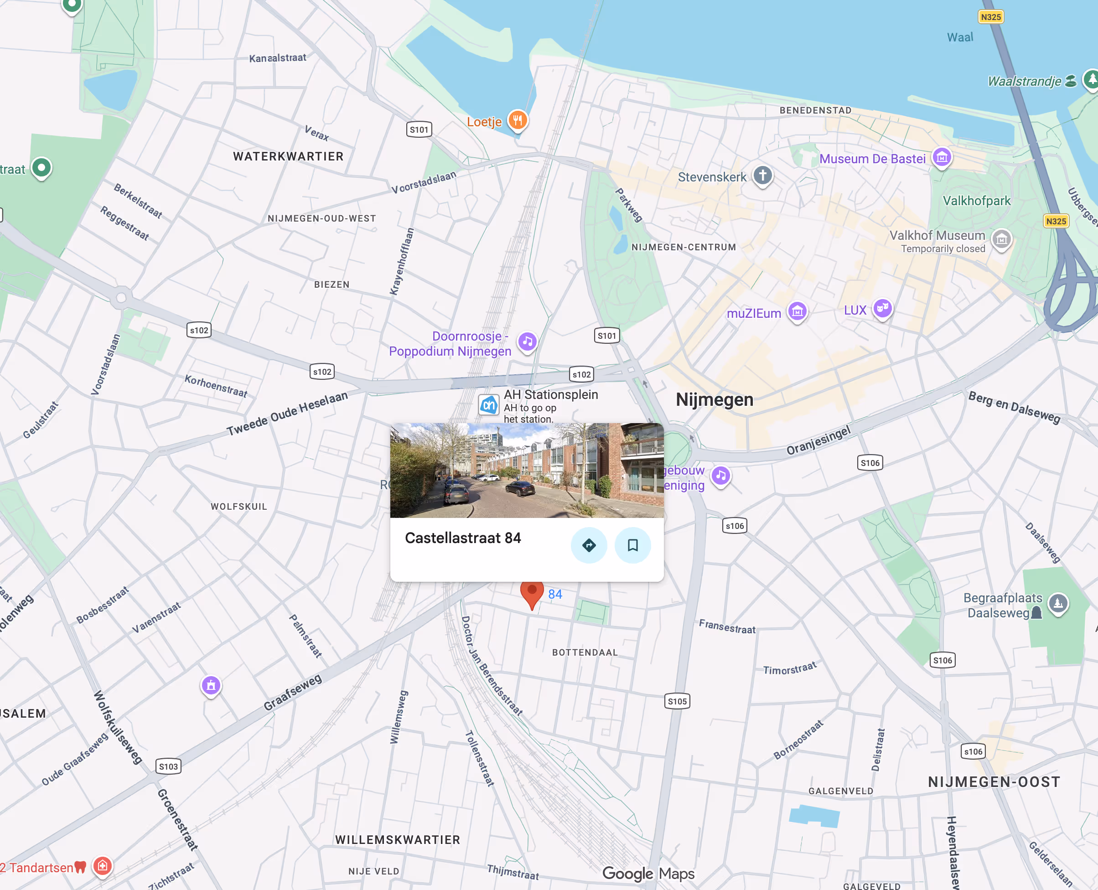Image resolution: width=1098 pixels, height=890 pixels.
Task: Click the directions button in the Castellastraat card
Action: pyautogui.click(x=589, y=545)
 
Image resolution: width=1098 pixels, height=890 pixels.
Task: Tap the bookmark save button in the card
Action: pyautogui.click(x=632, y=545)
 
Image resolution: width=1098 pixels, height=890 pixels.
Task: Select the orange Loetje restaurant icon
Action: pyautogui.click(x=518, y=120)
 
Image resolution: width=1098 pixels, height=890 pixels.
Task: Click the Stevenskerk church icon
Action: pyautogui.click(x=762, y=176)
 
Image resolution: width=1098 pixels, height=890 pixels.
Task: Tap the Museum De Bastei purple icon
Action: pyautogui.click(x=942, y=157)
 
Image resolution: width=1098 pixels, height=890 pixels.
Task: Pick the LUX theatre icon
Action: pyautogui.click(x=882, y=308)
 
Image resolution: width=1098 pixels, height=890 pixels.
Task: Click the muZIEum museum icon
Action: pyautogui.click(x=797, y=310)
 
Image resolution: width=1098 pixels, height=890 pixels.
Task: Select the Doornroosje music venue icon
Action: pyautogui.click(x=527, y=342)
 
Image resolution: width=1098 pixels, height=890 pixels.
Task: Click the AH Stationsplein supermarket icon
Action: pyautogui.click(x=488, y=405)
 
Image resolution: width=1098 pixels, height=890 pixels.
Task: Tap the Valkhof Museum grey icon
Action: pyautogui.click(x=1001, y=239)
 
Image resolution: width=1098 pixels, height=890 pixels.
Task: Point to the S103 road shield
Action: pyautogui.click(x=168, y=766)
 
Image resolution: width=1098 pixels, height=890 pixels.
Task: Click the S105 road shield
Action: pyautogui.click(x=677, y=701)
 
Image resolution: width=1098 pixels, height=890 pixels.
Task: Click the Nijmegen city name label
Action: pyautogui.click(x=714, y=399)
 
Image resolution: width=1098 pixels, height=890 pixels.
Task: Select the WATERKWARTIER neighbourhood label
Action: pyautogui.click(x=288, y=156)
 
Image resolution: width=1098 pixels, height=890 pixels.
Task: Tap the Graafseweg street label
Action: pyautogui.click(x=293, y=692)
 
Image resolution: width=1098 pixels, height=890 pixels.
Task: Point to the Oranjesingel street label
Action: pyautogui.click(x=818, y=440)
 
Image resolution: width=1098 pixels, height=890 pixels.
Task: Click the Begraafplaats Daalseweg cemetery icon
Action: pyautogui.click(x=1058, y=603)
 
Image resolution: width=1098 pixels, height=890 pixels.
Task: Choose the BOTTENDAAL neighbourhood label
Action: pyautogui.click(x=585, y=652)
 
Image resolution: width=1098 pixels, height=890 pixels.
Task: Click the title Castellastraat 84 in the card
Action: pyautogui.click(x=462, y=538)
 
